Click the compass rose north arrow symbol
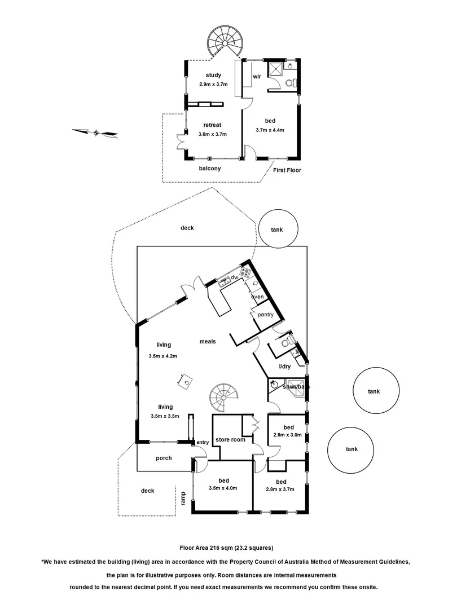point(95,133)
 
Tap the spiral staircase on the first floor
point(224,42)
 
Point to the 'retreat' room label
point(213,125)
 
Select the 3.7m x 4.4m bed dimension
point(270,130)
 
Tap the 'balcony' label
point(209,169)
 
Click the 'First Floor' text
point(287,169)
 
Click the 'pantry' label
point(266,315)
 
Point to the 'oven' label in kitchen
point(257,297)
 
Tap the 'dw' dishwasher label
point(234,277)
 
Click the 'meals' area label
point(208,341)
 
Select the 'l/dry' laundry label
point(285,367)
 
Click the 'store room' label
point(231,439)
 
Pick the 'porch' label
point(164,458)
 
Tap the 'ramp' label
point(183,497)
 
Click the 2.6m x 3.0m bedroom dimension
point(288,435)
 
